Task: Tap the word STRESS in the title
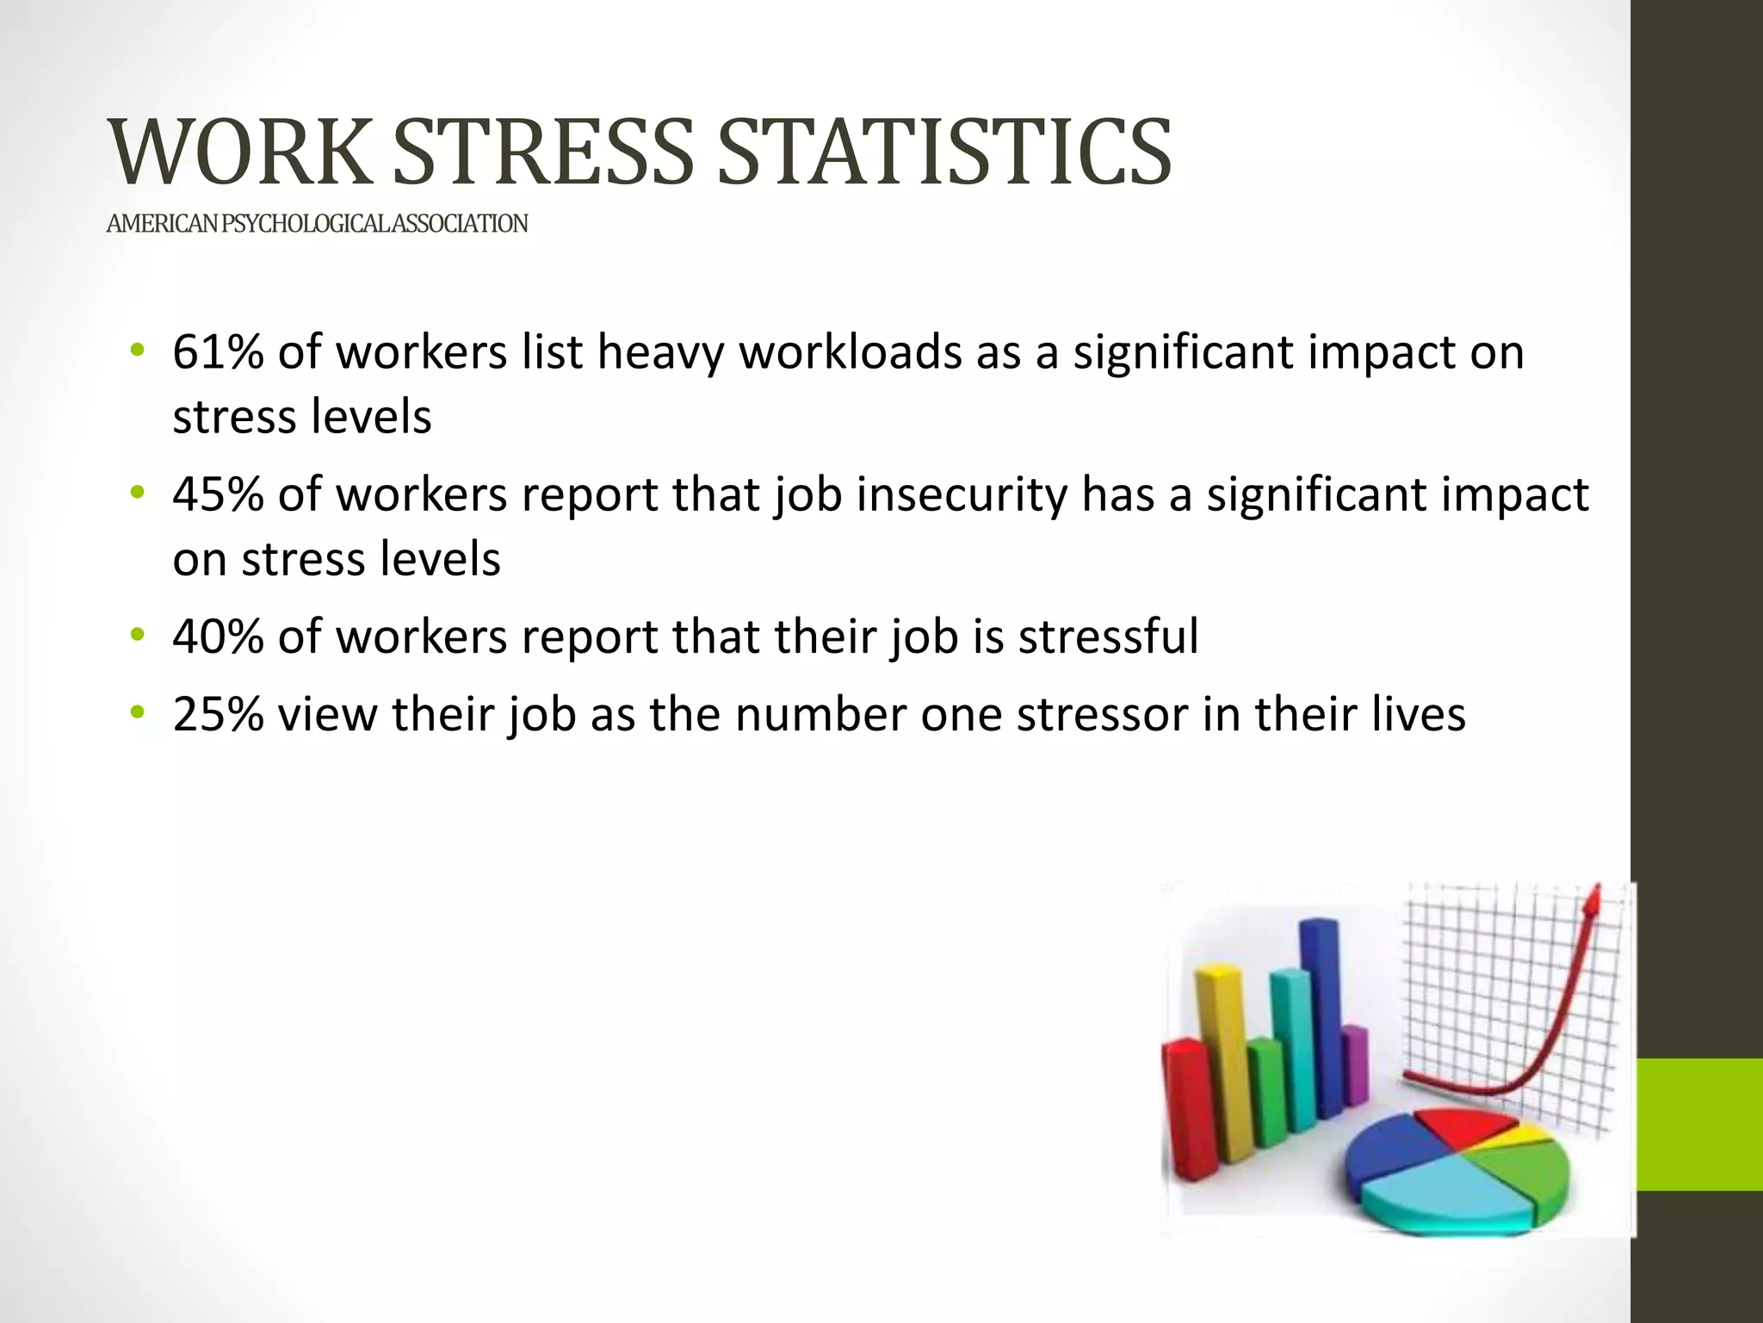coord(542,153)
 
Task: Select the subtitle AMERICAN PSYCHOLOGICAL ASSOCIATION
coord(317,224)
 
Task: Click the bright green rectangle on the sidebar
coord(1698,1124)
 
